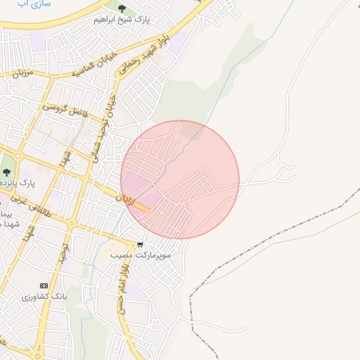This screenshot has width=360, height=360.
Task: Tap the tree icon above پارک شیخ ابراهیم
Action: tap(122, 9)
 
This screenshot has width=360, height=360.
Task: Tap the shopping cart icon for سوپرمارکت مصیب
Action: tap(140, 245)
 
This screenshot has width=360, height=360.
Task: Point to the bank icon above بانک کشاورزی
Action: tap(44, 286)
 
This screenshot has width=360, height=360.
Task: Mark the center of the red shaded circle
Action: tap(180, 179)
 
